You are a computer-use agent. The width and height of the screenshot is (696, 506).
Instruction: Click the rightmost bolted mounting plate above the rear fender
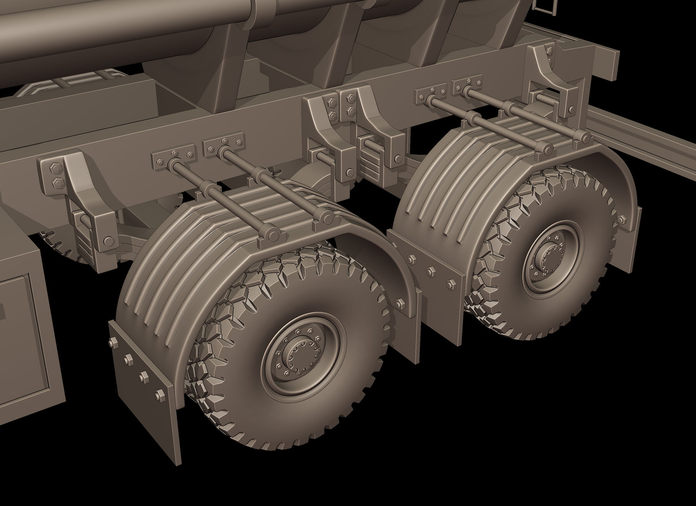click(467, 85)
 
